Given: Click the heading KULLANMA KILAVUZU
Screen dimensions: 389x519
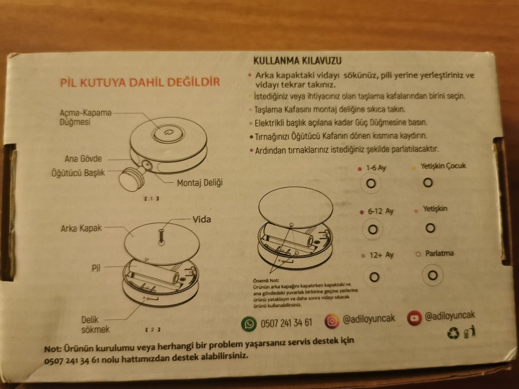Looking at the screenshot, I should (297, 60).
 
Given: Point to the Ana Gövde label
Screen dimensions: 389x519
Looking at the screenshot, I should (84, 159).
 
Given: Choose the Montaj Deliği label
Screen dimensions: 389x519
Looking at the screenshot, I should (200, 183).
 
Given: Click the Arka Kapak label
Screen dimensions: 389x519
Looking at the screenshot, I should (81, 228).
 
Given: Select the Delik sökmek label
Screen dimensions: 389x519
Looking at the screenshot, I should (96, 324).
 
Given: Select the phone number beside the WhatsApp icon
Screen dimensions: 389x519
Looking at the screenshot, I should (286, 323).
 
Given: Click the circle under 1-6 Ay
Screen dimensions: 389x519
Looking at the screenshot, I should (371, 184).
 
